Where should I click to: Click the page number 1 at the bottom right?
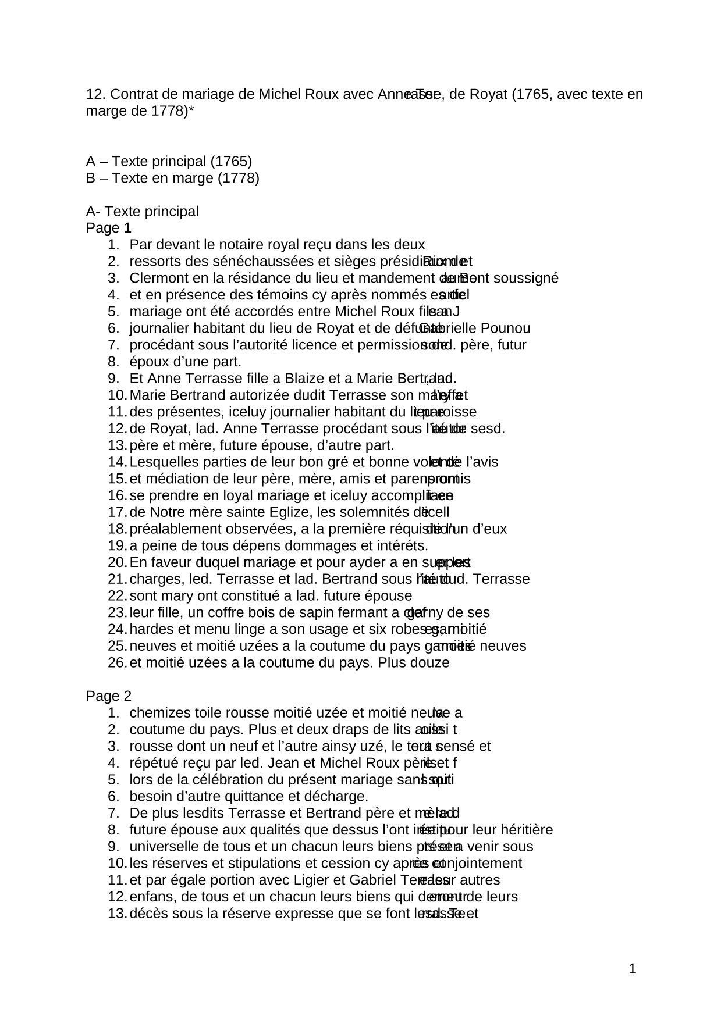click(x=633, y=969)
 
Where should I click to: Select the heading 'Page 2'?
click(x=109, y=696)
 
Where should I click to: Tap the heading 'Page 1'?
click(x=109, y=228)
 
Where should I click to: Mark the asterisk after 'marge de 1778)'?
click(x=191, y=110)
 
